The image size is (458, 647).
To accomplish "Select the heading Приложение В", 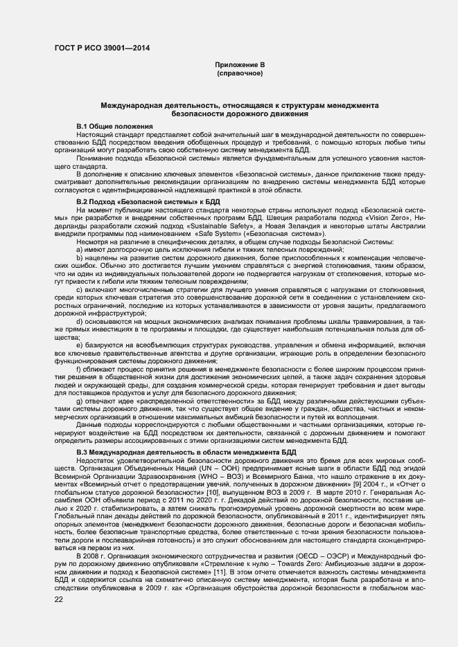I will tap(240, 64).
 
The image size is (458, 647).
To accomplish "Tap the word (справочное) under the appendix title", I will tap(240, 73).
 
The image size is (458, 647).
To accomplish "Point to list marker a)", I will tap(80, 249).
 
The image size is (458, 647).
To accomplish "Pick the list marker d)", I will tap(80, 322).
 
